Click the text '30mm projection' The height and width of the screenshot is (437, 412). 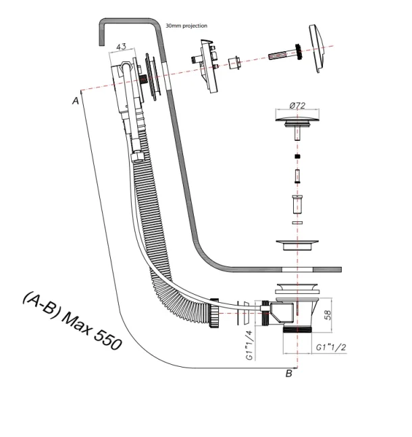[x=187, y=26]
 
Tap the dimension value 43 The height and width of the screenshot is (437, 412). [x=122, y=47]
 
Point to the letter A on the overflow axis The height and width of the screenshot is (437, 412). [x=75, y=100]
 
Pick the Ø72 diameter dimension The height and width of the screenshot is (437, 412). [x=298, y=105]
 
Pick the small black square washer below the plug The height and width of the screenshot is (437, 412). [x=297, y=156]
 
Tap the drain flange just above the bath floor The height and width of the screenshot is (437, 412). [x=297, y=245]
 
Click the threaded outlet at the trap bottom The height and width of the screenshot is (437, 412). [x=298, y=331]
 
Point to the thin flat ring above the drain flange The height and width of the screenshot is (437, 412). [x=297, y=221]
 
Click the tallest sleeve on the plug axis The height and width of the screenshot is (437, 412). [x=297, y=202]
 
